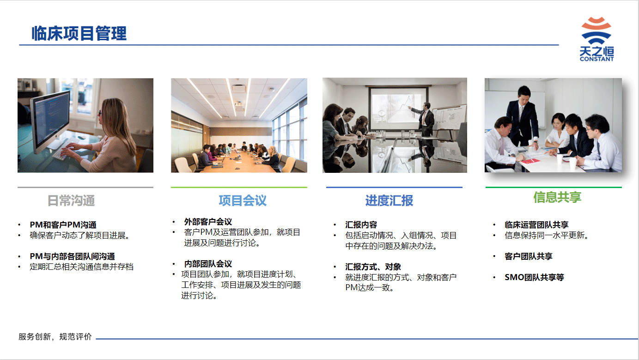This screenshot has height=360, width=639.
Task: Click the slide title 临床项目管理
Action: coord(79,33)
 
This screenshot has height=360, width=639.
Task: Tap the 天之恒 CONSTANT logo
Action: coord(596,39)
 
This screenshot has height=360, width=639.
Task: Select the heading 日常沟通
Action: coord(71,201)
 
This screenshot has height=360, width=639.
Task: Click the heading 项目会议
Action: coord(243,201)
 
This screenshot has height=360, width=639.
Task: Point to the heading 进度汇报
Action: coord(389,201)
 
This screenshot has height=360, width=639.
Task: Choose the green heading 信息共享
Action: coord(557,197)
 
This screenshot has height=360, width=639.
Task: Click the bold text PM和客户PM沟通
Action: coord(63,225)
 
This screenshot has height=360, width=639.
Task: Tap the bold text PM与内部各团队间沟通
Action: coord(72,256)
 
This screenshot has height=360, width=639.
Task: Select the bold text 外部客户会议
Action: coord(208,222)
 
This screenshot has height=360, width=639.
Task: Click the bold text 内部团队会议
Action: coord(208,263)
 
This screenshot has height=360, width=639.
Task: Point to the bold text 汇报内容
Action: coord(361,225)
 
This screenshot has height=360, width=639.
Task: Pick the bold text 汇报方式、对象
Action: coord(373,267)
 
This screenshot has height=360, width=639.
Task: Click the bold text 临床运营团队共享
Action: coord(536,225)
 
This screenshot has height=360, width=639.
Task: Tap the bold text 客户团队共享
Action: coord(528,256)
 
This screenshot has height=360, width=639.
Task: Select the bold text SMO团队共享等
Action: coord(534,277)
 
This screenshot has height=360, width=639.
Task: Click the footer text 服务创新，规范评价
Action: coord(55,336)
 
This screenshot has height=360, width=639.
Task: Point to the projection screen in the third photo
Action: coord(398,109)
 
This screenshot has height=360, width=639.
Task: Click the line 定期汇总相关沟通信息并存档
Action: coord(82,267)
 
